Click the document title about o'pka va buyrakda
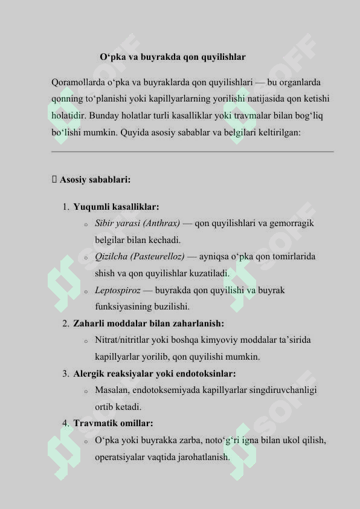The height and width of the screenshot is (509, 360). (x=173, y=57)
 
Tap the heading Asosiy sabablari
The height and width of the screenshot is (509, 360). (x=95, y=180)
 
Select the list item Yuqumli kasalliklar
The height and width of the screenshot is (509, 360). (x=116, y=207)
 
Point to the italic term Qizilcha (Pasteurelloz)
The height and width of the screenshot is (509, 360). (x=140, y=256)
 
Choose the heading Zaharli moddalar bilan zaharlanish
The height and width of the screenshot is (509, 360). (x=149, y=323)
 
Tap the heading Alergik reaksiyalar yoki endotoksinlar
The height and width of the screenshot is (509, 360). (x=155, y=374)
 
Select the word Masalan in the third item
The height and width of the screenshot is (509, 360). (x=111, y=390)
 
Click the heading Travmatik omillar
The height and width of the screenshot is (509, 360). (x=113, y=423)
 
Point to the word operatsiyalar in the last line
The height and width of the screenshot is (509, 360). (x=119, y=457)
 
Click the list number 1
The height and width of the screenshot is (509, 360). (x=65, y=207)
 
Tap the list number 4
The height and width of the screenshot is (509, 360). (x=65, y=423)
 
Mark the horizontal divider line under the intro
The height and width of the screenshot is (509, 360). (x=193, y=152)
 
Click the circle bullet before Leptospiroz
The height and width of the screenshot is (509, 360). (x=86, y=291)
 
